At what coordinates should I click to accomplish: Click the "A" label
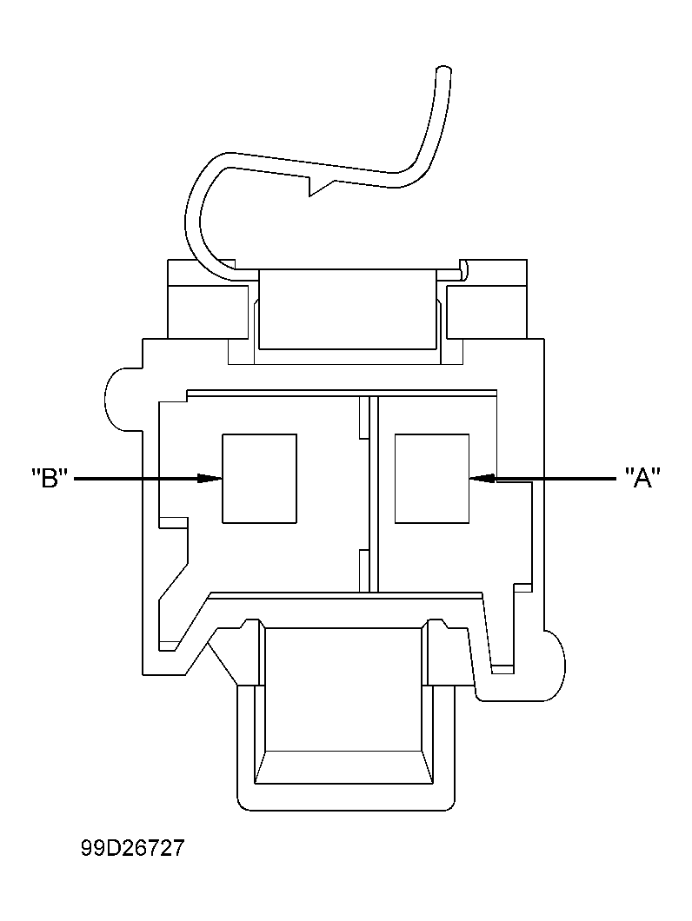pyautogui.click(x=642, y=478)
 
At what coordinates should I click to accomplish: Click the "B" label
pyautogui.click(x=50, y=478)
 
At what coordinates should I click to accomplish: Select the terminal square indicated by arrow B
pyautogui.click(x=259, y=479)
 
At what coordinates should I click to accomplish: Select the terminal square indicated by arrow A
pyautogui.click(x=431, y=479)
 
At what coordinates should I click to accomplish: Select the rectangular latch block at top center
pyautogui.click(x=346, y=308)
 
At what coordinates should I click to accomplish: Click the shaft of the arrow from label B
pyautogui.click(x=139, y=478)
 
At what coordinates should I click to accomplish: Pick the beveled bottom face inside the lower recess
pyautogui.click(x=345, y=762)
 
